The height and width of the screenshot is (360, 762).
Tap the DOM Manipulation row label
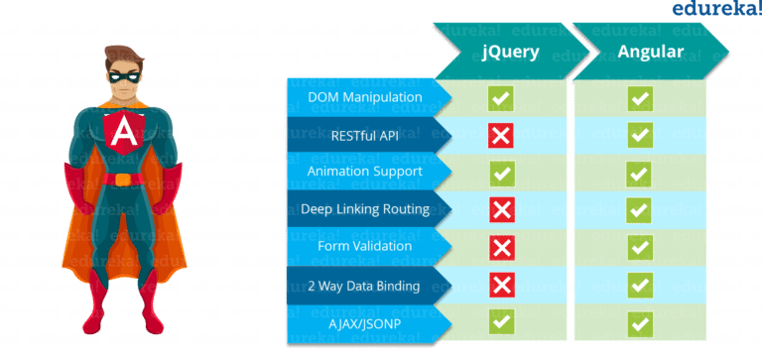tap(365, 98)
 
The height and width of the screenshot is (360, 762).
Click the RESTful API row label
tap(365, 136)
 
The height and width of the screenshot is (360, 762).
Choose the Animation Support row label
tap(365, 173)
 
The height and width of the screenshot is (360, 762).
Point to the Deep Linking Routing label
tap(365, 209)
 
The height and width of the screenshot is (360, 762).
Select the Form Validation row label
tap(365, 246)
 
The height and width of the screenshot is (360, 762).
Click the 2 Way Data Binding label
tap(365, 285)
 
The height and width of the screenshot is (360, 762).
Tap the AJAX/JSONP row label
tap(365, 321)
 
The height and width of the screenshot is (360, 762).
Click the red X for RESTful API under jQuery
tap(502, 135)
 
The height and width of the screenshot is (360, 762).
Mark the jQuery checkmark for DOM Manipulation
tap(502, 98)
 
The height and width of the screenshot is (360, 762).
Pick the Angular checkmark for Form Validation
tap(640, 246)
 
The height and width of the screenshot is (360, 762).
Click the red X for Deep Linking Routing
tap(502, 209)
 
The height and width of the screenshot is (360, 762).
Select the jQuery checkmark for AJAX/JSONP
tap(502, 321)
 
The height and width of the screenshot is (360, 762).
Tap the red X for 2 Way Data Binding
tap(502, 285)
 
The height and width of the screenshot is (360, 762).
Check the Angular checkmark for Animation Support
tap(640, 173)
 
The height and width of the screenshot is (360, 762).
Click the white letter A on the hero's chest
tap(124, 129)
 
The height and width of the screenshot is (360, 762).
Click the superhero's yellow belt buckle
tap(123, 180)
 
